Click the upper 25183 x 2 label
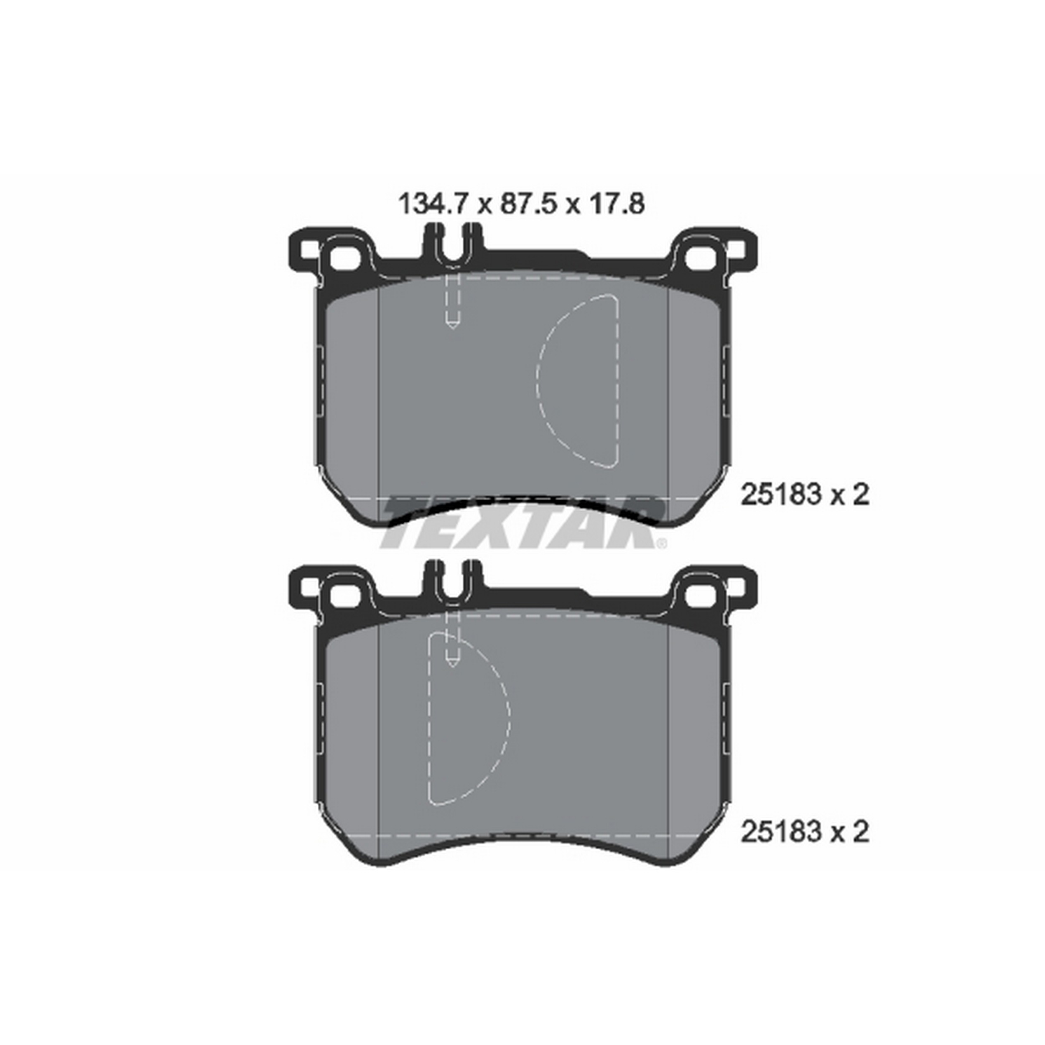click(x=804, y=495)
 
